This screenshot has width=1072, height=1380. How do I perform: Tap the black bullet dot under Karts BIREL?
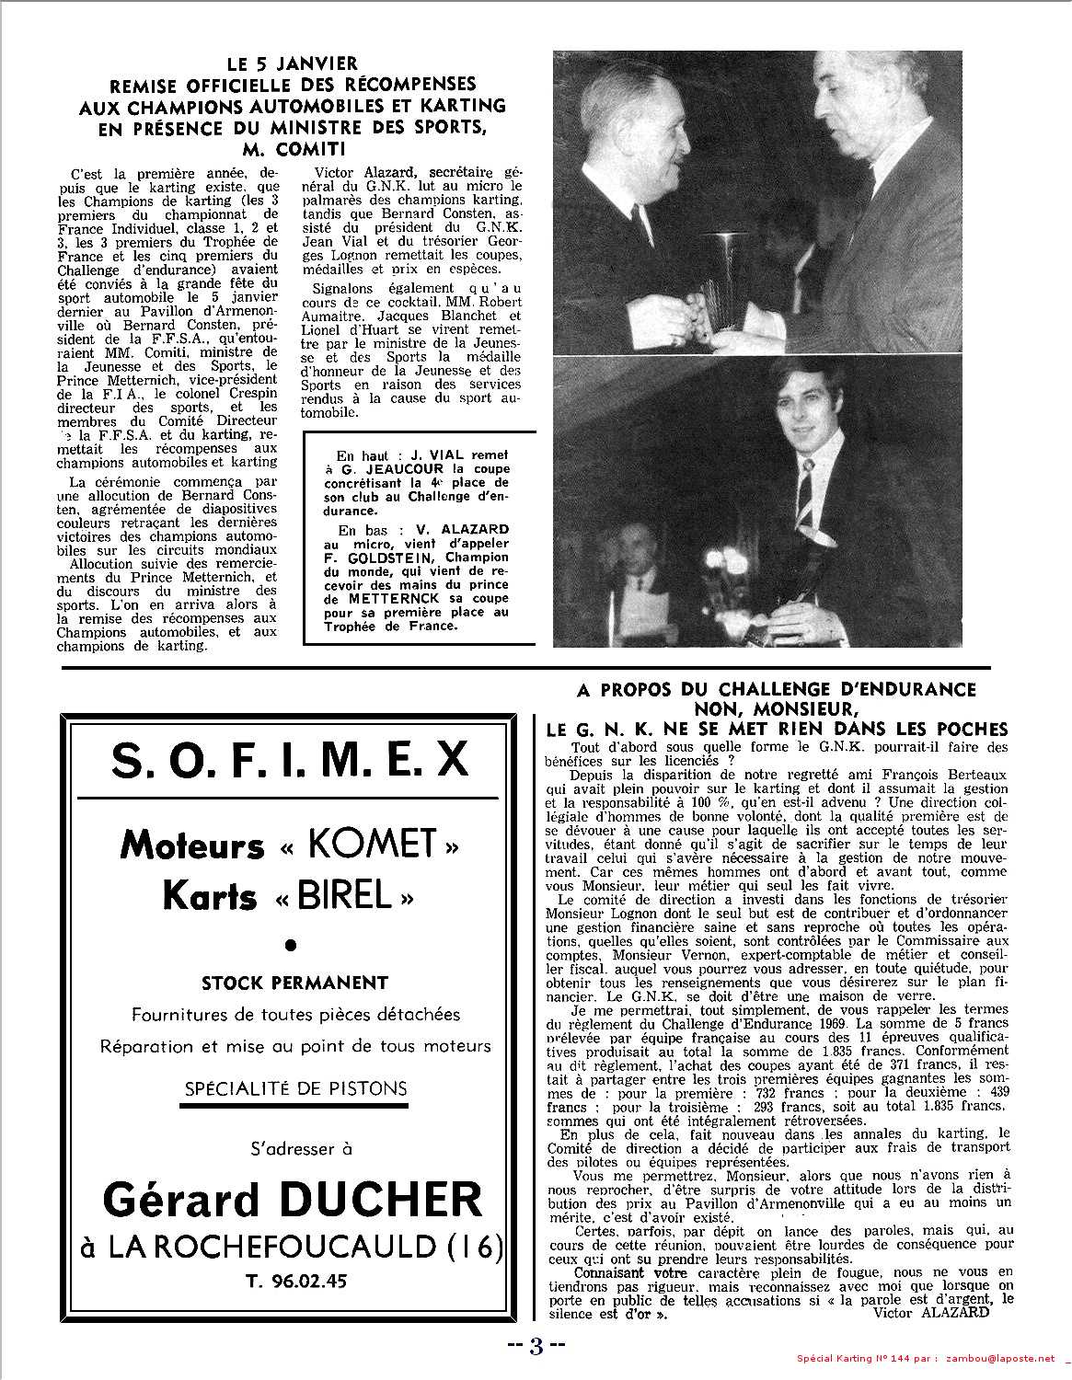pos(293,944)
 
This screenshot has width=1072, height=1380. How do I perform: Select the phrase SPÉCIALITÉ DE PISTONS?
pos(294,1088)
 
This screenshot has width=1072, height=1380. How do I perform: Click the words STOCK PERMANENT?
pos(294,983)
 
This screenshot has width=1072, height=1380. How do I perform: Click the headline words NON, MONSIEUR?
pos(776,708)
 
